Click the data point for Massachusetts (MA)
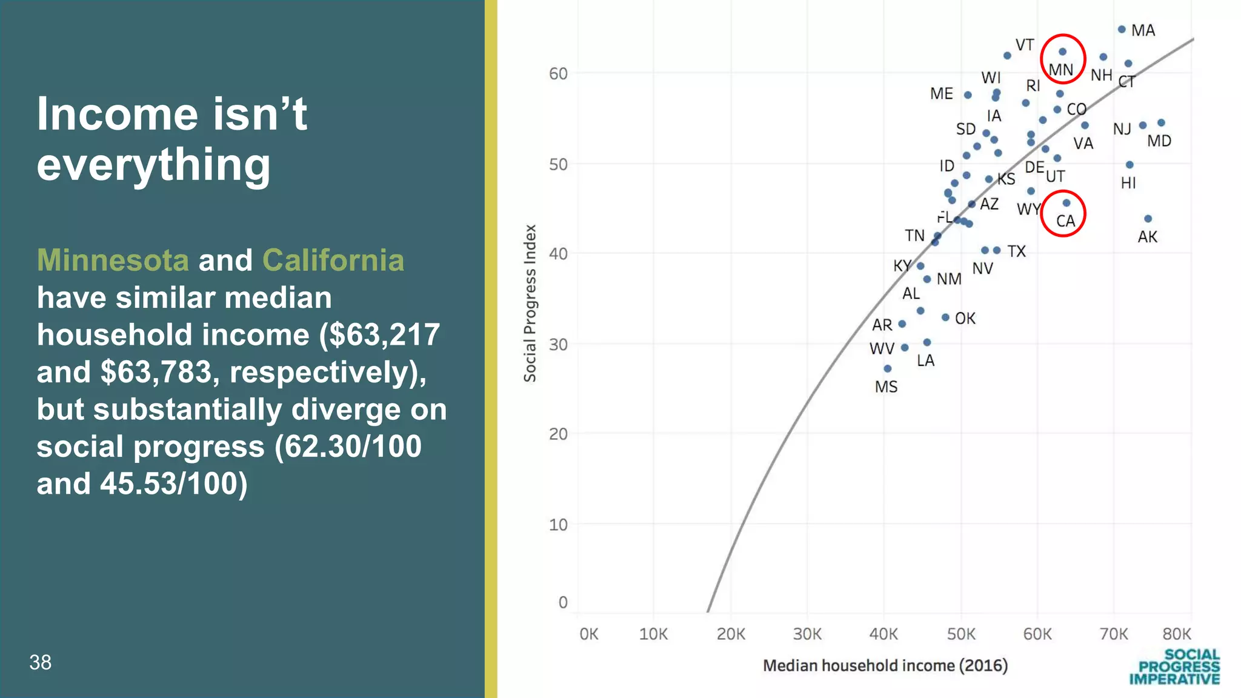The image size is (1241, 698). tap(1122, 29)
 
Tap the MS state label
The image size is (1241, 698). tap(886, 387)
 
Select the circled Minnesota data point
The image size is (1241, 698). tap(1062, 52)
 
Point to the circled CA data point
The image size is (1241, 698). tap(1066, 203)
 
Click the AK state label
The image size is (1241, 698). tap(1147, 237)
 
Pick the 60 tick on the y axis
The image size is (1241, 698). tap(558, 74)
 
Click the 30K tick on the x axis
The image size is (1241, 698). tap(807, 634)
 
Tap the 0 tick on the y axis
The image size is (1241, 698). tap(563, 602)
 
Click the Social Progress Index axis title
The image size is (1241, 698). tap(530, 304)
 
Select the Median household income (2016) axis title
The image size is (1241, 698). tap(885, 665)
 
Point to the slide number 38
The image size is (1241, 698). tap(41, 662)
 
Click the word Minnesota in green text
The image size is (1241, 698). tap(113, 261)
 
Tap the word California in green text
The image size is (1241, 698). tap(333, 261)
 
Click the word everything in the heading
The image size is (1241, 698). tap(153, 164)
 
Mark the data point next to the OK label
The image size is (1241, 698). tap(945, 317)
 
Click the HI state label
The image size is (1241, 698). tap(1128, 183)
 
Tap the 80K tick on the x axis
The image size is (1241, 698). tap(1176, 634)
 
